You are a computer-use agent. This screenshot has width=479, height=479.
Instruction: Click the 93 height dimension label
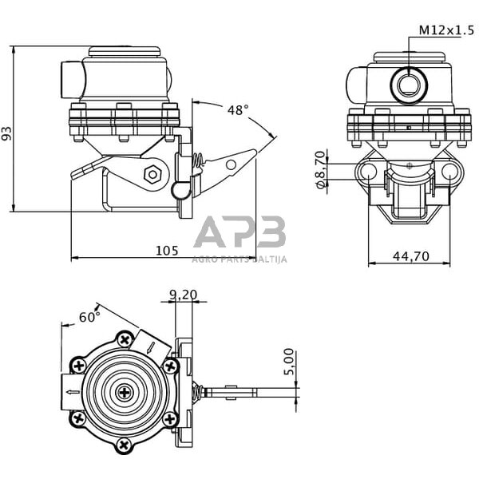pyautogui.click(x=8, y=132)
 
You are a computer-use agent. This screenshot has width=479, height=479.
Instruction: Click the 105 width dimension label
pyautogui.click(x=166, y=250)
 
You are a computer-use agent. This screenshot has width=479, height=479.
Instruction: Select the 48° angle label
pyautogui.click(x=237, y=110)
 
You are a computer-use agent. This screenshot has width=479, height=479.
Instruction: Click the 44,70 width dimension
pyautogui.click(x=411, y=255)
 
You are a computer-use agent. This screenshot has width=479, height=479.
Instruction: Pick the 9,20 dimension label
pyautogui.click(x=183, y=294)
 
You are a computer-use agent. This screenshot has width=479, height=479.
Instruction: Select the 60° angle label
pyautogui.click(x=89, y=317)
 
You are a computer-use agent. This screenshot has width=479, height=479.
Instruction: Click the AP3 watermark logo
pyautogui.click(x=239, y=233)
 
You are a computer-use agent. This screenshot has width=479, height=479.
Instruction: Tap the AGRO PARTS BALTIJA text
pyautogui.click(x=239, y=258)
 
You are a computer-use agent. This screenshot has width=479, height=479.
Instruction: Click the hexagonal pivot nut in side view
pyautogui.click(x=152, y=172)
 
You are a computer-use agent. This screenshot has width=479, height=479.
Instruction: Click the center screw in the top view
pyautogui.click(x=125, y=393)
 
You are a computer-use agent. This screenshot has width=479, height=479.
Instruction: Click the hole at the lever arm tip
pyautogui.click(x=232, y=164)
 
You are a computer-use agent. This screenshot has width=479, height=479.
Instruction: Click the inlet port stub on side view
pyautogui.click(x=70, y=77)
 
